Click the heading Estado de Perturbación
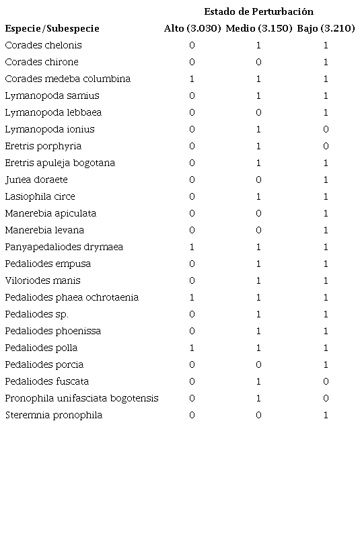258,11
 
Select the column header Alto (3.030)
192,28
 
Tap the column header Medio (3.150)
258,28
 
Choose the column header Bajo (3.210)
326,28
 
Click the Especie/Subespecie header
52,28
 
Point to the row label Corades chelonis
43,45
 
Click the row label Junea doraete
36,180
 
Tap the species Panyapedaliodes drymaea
64,247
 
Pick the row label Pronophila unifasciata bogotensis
81,398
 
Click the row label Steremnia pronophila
54,415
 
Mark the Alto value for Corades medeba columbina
192,79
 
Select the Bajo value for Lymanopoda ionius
326,129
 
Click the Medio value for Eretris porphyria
258,146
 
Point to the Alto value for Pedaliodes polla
192,348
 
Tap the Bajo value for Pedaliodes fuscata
326,381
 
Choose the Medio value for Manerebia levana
258,230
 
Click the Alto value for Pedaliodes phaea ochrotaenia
192,297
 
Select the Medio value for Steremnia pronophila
258,415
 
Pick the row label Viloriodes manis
42,280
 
